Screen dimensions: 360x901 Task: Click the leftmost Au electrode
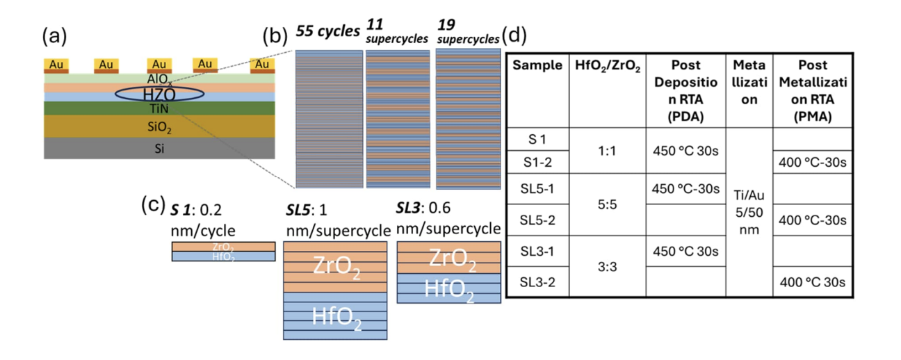coord(56,65)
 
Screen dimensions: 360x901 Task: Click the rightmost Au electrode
coord(261,65)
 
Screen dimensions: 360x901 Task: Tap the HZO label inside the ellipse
coord(160,94)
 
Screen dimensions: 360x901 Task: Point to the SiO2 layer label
coord(160,128)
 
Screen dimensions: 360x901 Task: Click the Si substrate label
coord(160,148)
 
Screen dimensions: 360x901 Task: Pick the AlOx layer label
coord(160,80)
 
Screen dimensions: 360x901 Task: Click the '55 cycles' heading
coord(327,32)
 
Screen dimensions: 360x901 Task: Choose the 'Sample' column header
coord(537,65)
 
